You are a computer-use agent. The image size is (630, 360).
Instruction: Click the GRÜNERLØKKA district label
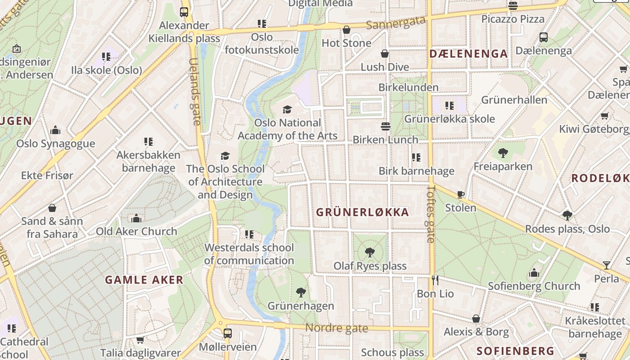363,212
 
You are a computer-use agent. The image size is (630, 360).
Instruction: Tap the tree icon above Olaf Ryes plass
370,252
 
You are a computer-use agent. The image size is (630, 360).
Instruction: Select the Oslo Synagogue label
56,144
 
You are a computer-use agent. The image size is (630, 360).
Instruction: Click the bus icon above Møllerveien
228,333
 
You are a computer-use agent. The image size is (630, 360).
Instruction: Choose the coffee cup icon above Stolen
460,195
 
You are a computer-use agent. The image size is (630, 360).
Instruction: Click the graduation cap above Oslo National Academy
287,109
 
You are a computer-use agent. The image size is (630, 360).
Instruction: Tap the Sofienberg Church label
534,286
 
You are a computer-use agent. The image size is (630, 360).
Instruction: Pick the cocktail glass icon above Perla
606,265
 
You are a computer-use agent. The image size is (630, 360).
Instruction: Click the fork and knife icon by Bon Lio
435,280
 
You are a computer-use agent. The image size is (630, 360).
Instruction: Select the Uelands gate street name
195,92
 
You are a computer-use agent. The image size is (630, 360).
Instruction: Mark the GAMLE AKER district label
144,280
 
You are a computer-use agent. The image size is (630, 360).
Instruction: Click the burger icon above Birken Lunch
386,126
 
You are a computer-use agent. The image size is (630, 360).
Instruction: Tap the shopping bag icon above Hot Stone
346,30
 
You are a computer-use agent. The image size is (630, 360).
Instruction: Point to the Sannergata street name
396,22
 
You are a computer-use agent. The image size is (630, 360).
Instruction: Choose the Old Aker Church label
136,231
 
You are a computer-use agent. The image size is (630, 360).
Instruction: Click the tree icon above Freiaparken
503,153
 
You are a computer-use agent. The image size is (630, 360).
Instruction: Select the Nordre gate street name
337,328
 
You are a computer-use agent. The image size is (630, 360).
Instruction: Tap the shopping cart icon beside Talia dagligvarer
140,340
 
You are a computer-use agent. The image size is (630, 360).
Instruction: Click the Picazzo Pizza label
513,19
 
